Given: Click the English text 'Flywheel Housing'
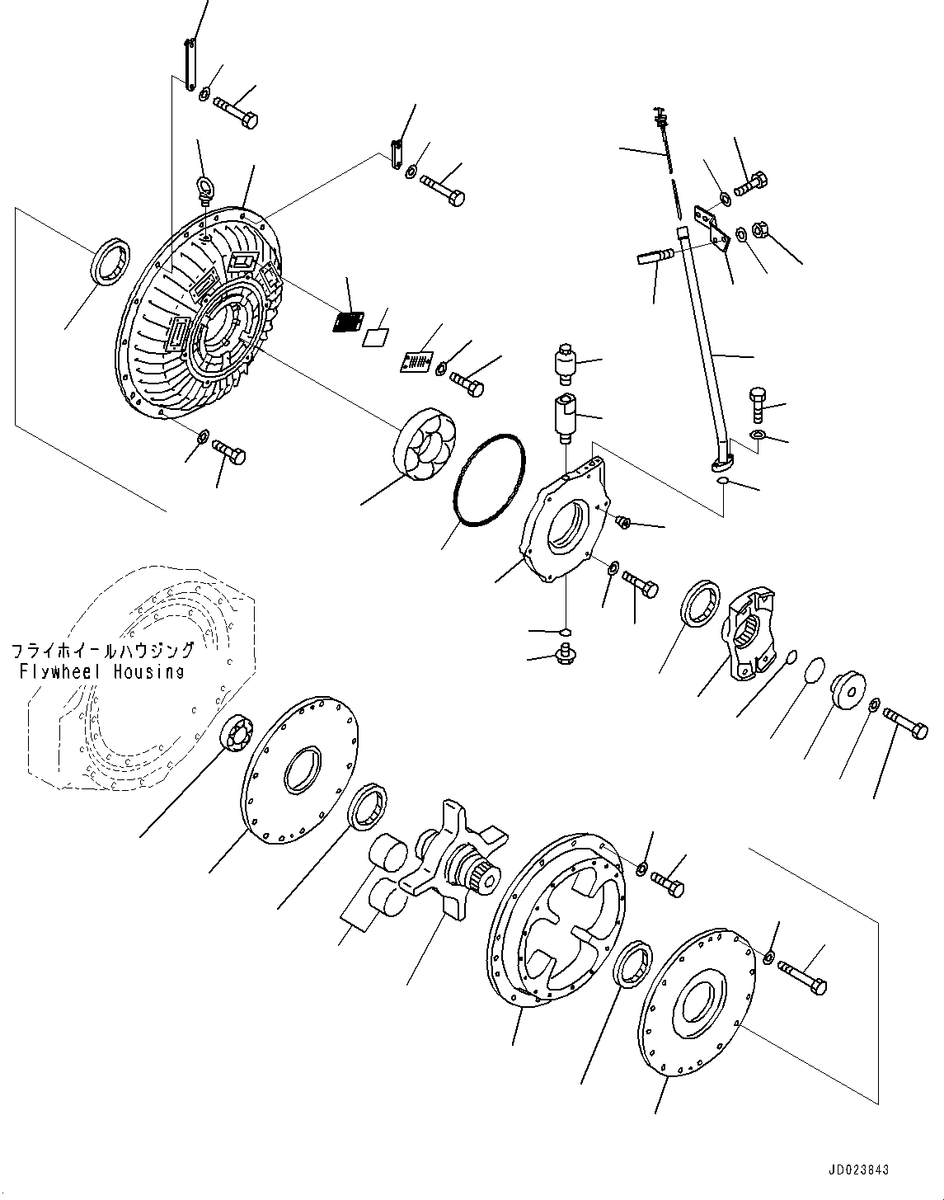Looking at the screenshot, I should pyautogui.click(x=101, y=671).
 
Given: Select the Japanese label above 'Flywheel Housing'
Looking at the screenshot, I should pyautogui.click(x=103, y=652).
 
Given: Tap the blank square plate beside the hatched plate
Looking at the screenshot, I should pyautogui.click(x=375, y=336).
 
